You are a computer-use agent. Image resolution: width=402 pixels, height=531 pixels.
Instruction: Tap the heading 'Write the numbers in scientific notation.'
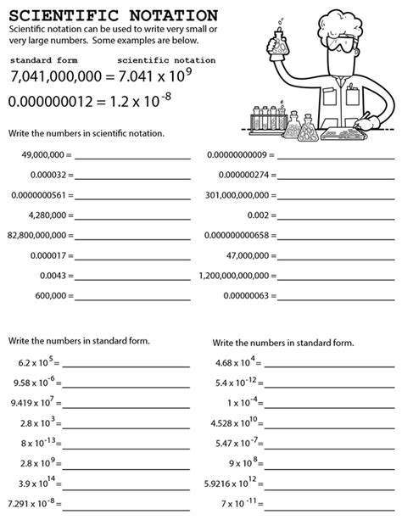click(x=87, y=133)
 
